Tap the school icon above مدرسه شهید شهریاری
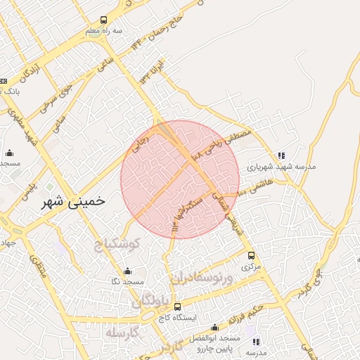coord(281,156)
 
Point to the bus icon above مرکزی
coord(251,255)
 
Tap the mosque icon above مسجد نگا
coord(127,271)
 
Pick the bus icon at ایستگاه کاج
coord(179,307)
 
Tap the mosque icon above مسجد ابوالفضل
coord(214,328)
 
